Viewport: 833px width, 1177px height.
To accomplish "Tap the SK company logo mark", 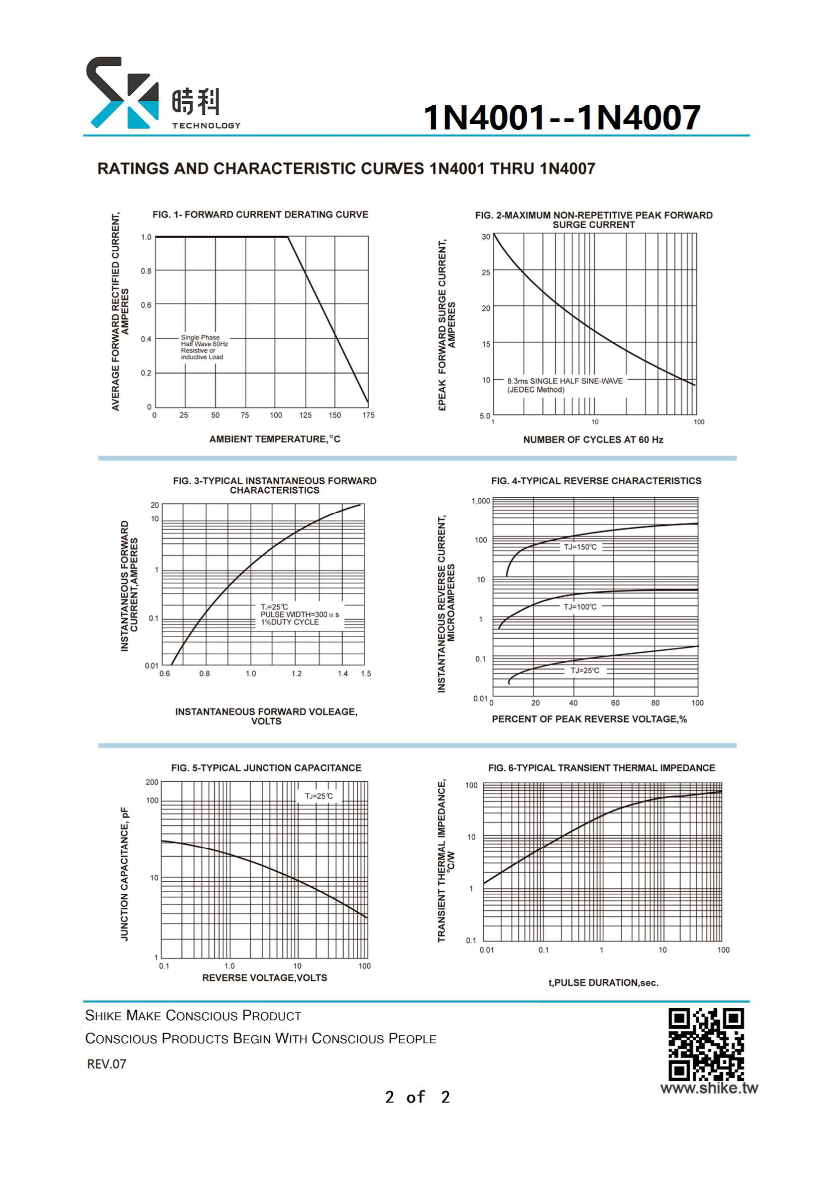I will tap(122, 93).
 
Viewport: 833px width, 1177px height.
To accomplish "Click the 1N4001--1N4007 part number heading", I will tap(562, 117).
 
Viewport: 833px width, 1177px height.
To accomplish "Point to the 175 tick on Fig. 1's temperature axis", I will tap(368, 415).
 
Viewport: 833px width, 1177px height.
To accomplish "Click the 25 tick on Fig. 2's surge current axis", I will tap(486, 273).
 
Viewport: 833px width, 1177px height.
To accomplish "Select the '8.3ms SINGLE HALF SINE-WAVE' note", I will tap(564, 381).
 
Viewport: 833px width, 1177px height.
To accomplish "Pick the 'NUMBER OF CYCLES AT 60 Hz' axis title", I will tap(593, 440).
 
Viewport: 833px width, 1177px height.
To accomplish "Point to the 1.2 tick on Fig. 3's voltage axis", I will tap(297, 674).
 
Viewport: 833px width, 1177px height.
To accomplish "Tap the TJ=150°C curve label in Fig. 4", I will tap(580, 547).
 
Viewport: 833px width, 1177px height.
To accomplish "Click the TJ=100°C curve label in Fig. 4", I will tap(580, 607).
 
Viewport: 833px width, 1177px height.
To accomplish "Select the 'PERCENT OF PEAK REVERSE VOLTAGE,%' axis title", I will tap(589, 719).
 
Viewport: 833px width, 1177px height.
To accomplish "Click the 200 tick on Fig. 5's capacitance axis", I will tap(152, 782).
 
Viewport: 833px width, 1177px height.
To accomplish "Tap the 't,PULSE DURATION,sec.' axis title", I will tap(603, 983).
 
